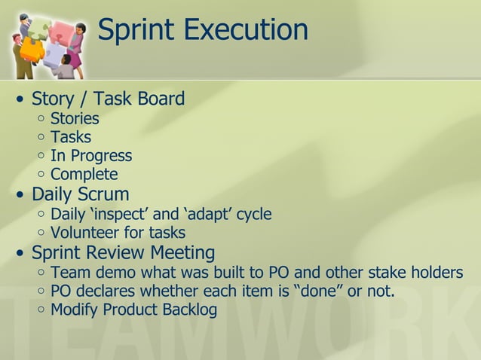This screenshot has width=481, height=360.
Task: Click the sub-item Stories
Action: tap(75, 119)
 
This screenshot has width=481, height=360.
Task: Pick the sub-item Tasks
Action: tap(71, 138)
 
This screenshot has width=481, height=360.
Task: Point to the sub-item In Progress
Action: tap(91, 157)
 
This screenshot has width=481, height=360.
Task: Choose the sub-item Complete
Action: tap(84, 175)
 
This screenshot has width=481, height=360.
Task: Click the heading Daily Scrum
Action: tap(81, 195)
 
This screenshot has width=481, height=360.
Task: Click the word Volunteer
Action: tap(86, 233)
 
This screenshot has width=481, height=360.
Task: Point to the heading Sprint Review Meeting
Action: tap(123, 252)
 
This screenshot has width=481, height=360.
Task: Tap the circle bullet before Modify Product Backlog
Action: tap(40, 310)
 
